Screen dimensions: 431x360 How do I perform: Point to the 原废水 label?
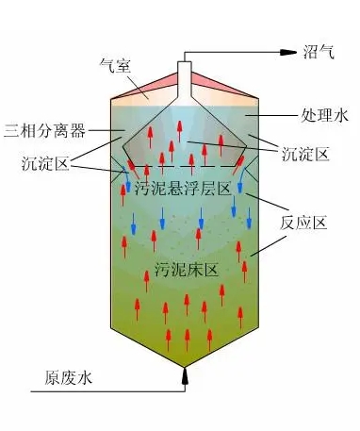click(x=68, y=378)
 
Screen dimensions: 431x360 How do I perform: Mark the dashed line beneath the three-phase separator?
click(x=186, y=167)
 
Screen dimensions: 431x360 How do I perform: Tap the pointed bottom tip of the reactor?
click(x=186, y=363)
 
